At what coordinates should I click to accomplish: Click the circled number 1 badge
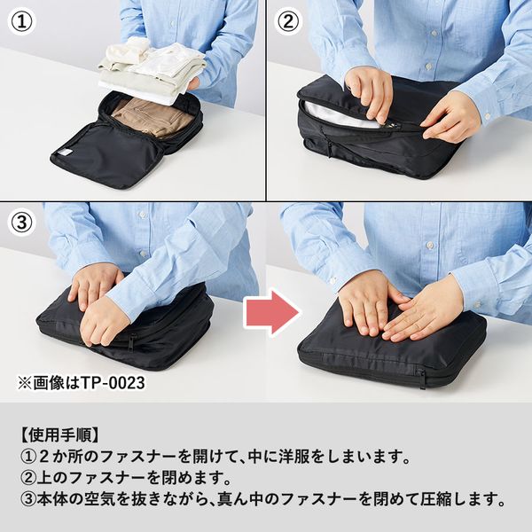coord(21,21)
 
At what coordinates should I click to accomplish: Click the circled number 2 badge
coord(288,21)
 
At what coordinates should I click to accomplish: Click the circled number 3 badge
coord(21,223)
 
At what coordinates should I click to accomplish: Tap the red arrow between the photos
coord(272,312)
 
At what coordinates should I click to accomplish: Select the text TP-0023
coord(113,383)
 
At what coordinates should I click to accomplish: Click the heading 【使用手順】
coord(60,435)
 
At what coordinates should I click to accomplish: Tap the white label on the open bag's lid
coord(65,153)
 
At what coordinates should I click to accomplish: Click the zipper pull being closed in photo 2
coord(394,126)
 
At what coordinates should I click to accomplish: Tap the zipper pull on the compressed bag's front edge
coord(421,378)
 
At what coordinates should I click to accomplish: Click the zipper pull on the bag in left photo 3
coord(132,342)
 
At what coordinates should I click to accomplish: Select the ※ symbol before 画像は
coord(25,383)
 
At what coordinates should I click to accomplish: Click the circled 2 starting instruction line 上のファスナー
coord(27,478)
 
